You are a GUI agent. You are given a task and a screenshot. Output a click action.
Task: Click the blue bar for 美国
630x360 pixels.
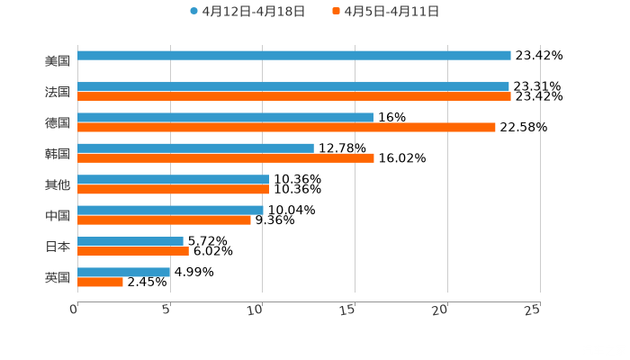pyautogui.click(x=294, y=55)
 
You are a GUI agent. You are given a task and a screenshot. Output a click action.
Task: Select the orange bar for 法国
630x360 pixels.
pyautogui.click(x=294, y=96)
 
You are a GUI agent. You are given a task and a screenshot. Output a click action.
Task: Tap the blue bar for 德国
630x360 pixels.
pyautogui.click(x=225, y=117)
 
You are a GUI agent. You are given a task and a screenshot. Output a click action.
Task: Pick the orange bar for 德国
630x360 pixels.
pyautogui.click(x=286, y=128)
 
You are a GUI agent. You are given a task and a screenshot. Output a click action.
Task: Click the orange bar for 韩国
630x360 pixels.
pyautogui.click(x=226, y=158)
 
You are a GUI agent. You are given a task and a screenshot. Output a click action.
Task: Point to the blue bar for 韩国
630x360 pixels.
pyautogui.click(x=195, y=148)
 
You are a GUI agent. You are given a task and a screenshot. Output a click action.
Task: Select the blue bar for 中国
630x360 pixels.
pyautogui.click(x=170, y=210)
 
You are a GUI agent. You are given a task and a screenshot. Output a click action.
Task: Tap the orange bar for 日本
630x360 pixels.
pyautogui.click(x=133, y=252)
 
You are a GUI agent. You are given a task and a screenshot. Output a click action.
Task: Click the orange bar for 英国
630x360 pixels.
pyautogui.click(x=100, y=283)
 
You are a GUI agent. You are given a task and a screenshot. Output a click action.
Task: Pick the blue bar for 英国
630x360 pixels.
pyautogui.click(x=123, y=272)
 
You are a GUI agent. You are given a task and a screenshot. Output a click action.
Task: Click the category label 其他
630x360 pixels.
pyautogui.click(x=58, y=184)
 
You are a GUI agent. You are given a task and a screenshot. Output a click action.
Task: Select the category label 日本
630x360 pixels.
pyautogui.click(x=58, y=247)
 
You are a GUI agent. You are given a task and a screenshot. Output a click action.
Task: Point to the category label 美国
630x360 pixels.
pyautogui.click(x=58, y=61)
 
